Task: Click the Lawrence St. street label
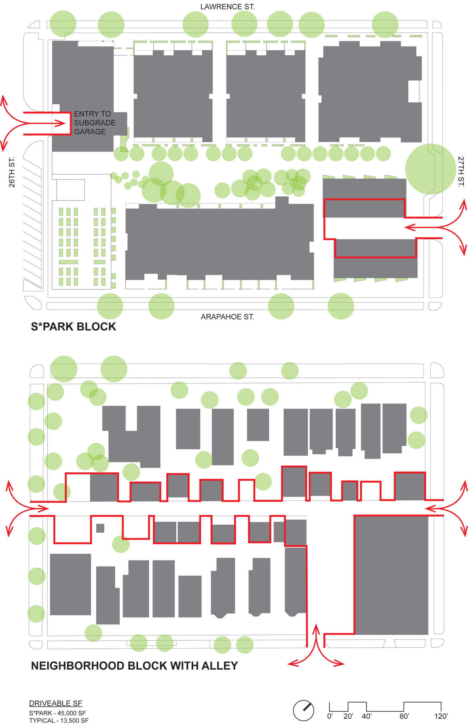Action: tap(227, 7)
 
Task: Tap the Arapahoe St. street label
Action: tap(227, 317)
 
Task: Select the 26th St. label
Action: tap(12, 172)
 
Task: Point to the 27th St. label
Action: tap(461, 172)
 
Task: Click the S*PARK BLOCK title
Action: tap(73, 326)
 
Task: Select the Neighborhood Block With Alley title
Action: tap(134, 666)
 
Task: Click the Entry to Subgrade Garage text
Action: tap(95, 123)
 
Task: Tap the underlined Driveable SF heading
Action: tap(56, 703)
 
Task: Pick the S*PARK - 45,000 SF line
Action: tap(58, 713)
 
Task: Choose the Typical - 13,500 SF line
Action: tap(59, 721)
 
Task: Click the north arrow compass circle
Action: tap(303, 710)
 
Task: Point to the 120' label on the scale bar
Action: tap(441, 716)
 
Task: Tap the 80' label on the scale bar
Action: tap(404, 716)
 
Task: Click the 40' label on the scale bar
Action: tap(367, 716)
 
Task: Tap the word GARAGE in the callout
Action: tap(90, 132)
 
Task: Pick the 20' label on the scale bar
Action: tap(348, 716)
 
